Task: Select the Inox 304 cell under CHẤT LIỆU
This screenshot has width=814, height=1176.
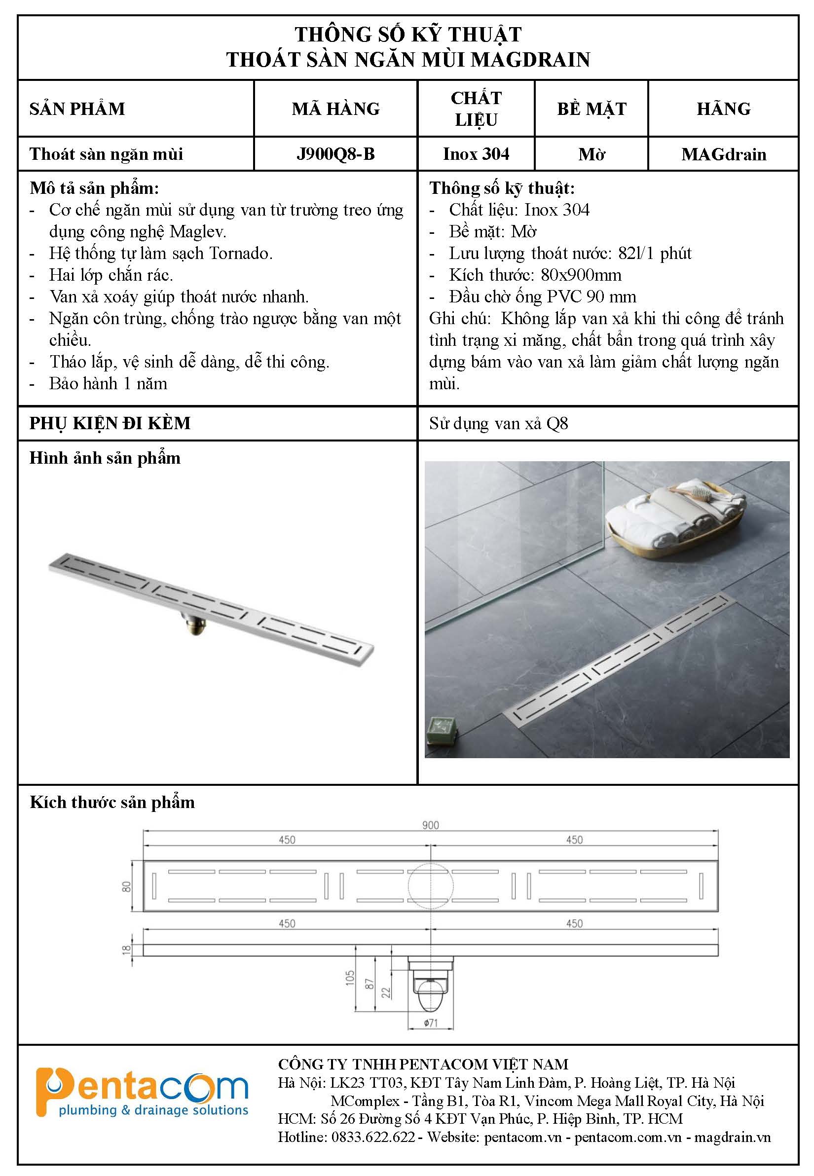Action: tap(476, 154)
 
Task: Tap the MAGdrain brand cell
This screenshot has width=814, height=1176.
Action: tap(723, 154)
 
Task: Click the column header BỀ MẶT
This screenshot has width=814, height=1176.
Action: tap(591, 109)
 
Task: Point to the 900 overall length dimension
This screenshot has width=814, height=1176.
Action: tap(430, 825)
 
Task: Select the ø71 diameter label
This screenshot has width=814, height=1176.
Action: tap(431, 1023)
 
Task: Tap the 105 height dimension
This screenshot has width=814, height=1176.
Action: tap(350, 977)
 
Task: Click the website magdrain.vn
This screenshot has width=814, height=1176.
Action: tap(733, 1137)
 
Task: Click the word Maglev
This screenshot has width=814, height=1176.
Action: tap(198, 231)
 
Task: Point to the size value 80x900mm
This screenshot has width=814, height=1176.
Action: tap(581, 275)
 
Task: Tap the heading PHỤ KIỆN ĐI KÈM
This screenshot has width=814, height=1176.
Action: tap(110, 423)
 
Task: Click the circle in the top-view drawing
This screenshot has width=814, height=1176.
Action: tap(431, 886)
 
